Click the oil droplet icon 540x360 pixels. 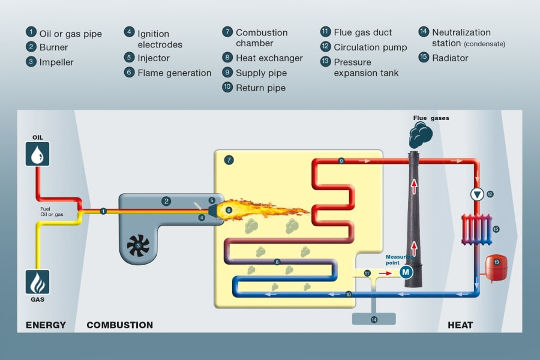(37, 154)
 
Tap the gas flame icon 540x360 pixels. (37, 281)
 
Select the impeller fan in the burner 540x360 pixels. (139, 245)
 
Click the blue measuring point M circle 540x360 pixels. (406, 272)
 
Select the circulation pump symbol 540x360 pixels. (477, 194)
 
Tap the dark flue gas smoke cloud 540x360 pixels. (422, 134)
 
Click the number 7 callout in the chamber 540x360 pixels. (228, 160)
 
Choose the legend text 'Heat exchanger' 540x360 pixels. (269, 58)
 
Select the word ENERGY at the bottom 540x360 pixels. (46, 325)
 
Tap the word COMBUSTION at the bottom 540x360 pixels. (119, 325)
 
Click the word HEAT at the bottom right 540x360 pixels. (460, 325)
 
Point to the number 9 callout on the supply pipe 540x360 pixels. (341, 161)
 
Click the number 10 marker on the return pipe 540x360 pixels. (349, 294)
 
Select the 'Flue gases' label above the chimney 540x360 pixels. (431, 118)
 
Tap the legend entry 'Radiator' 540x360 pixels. (450, 58)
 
